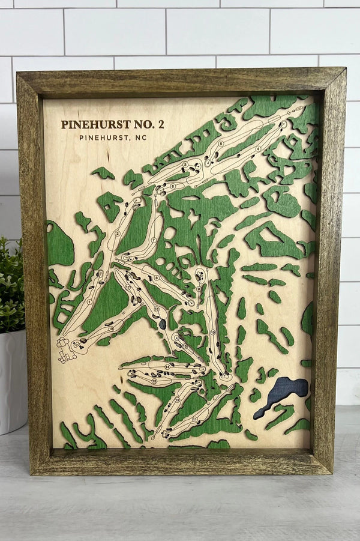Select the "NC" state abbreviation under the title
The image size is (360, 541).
pos(141,138)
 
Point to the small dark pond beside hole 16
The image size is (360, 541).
pos(162,324)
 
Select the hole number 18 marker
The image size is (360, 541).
pos(111,329)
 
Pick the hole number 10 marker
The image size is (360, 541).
pos(212,332)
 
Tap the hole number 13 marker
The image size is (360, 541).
pos(154,381)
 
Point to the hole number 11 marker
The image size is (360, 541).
pos(195,419)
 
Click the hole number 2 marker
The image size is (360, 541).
pos(118,234)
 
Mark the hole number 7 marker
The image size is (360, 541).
pos(154,240)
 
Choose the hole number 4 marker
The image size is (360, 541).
pos(258,148)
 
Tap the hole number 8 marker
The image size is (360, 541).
pos(221,144)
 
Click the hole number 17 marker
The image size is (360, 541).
pos(128,287)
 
